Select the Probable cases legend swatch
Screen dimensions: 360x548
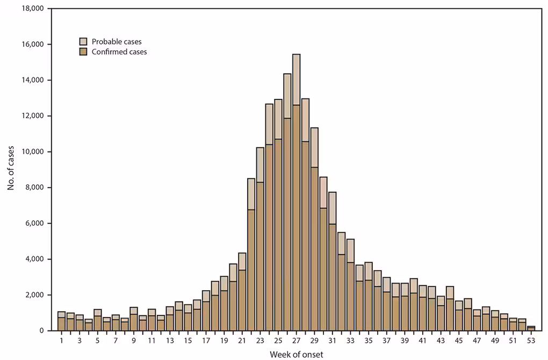click(x=83, y=41)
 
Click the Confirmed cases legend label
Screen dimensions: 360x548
click(x=120, y=52)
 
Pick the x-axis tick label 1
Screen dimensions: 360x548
click(x=62, y=341)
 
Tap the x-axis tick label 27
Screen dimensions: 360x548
click(x=296, y=341)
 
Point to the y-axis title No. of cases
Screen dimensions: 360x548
click(x=11, y=170)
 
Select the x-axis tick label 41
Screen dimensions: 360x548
click(x=422, y=341)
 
